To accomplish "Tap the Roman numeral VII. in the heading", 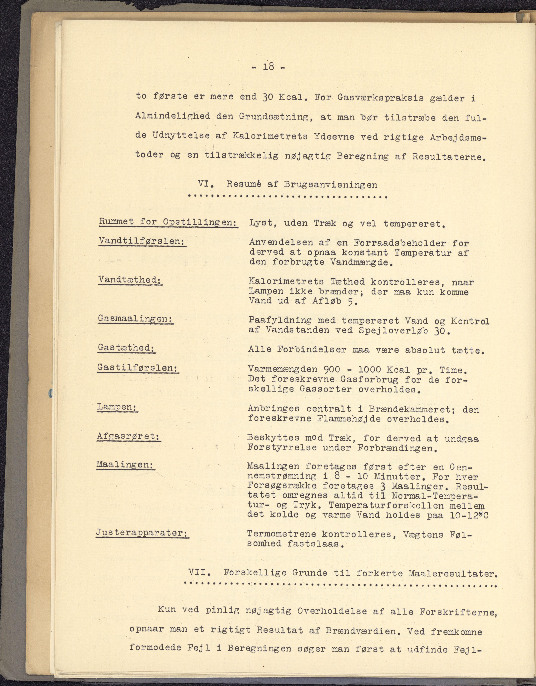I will point(199,572).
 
